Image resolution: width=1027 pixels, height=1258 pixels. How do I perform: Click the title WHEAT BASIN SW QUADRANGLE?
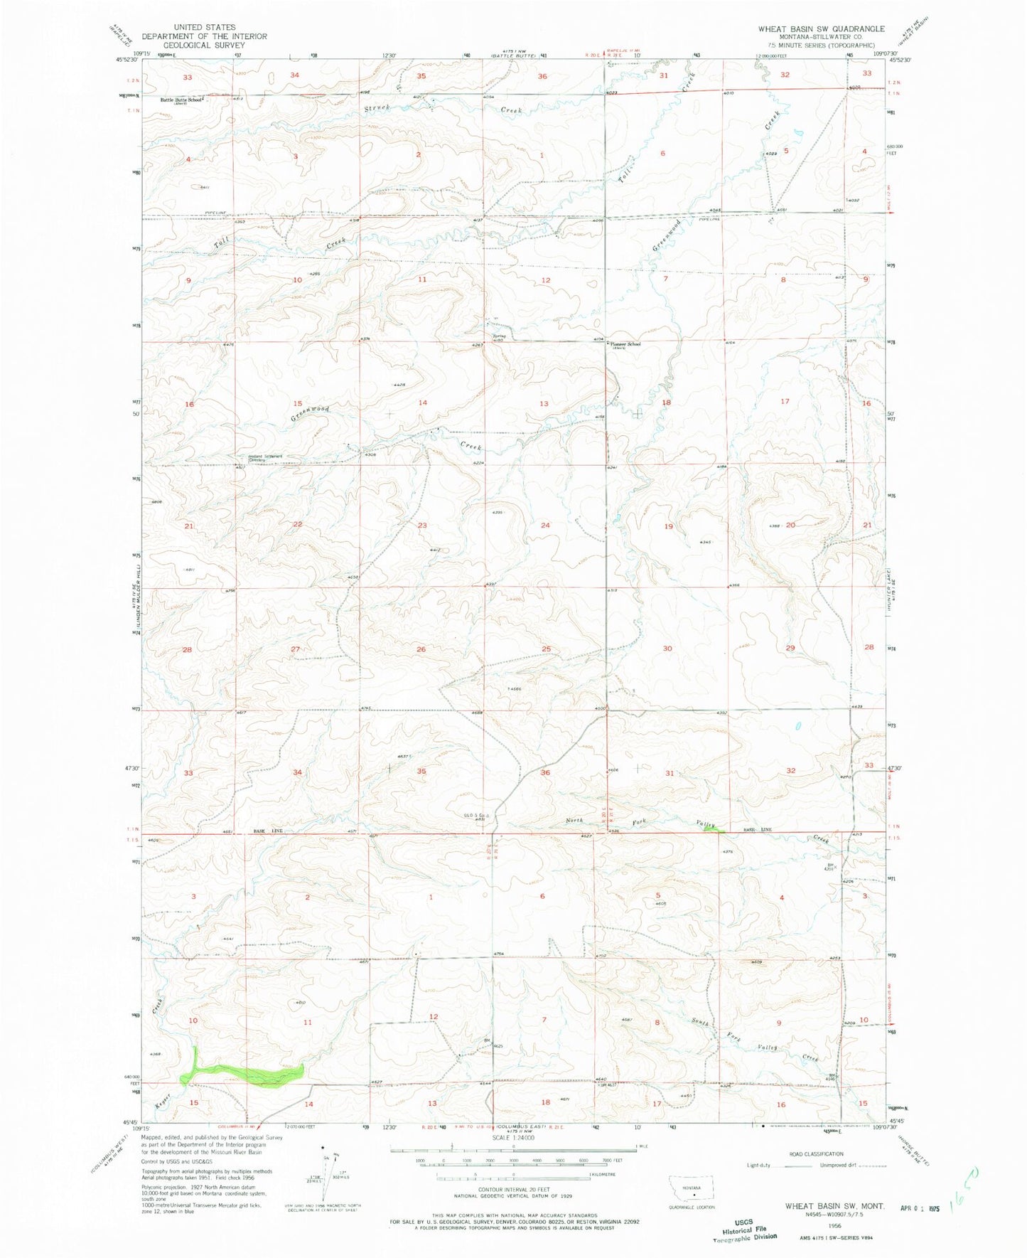(821, 28)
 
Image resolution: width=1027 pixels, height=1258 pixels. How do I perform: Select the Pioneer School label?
(625, 344)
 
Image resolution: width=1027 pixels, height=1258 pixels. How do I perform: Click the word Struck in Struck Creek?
(377, 108)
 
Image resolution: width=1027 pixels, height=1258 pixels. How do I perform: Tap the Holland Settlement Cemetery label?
(265, 458)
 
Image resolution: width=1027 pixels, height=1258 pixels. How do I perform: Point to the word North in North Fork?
(574, 821)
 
